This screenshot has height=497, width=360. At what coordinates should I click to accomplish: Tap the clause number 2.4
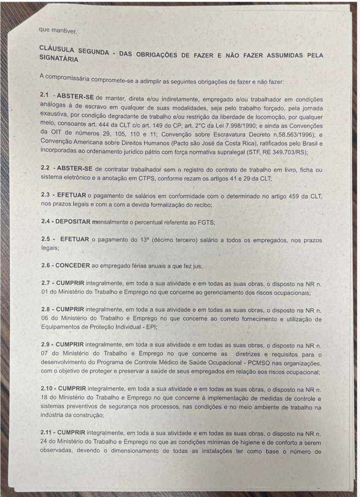pyautogui.click(x=46, y=221)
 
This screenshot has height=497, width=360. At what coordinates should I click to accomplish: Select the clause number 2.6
pyautogui.click(x=47, y=265)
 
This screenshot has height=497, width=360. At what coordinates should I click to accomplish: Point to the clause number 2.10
pyautogui.click(x=48, y=390)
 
